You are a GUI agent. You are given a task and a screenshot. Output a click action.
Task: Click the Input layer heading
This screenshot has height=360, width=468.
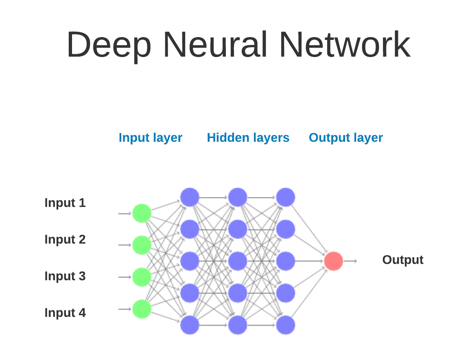point(150,138)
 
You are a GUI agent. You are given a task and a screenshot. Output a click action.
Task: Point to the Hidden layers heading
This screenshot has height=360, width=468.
point(248,138)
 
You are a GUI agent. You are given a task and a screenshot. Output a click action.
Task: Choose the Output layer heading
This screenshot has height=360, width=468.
point(346,138)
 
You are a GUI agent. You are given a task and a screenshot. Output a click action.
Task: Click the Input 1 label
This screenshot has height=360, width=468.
point(65,203)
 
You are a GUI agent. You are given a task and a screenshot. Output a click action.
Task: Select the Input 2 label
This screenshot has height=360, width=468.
point(65,239)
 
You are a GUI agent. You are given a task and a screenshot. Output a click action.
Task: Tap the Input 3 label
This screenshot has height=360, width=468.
point(65,276)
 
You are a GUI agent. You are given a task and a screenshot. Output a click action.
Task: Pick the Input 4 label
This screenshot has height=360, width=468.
point(65,313)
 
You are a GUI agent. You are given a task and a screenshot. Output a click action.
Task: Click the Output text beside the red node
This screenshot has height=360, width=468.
point(402,260)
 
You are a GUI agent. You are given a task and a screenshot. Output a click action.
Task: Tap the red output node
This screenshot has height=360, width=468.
point(333,261)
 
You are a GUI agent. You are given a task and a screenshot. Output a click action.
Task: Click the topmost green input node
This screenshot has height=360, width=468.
point(142,213)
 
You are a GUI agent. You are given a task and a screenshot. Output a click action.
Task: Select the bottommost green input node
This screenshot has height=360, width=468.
point(142,309)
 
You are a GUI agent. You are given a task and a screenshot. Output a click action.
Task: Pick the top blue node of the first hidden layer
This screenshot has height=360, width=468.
point(190,197)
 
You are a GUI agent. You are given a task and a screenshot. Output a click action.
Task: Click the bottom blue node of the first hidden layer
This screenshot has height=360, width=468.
point(190,325)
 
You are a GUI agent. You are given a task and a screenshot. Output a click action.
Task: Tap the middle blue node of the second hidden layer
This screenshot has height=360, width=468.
point(238,261)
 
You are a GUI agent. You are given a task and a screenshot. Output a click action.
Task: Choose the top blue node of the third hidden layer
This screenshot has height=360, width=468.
point(286,197)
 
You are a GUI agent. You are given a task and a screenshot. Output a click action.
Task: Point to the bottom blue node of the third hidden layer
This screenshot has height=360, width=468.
point(286,325)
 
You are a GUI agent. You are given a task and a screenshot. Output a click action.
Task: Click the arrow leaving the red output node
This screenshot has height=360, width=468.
point(350,261)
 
